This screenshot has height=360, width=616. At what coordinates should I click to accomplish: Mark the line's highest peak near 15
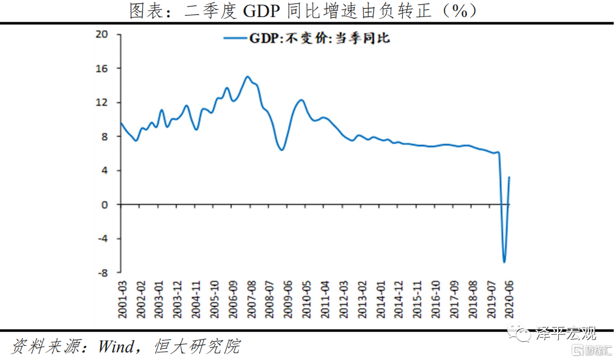point(248,77)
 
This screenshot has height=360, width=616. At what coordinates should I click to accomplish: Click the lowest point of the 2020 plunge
point(504,262)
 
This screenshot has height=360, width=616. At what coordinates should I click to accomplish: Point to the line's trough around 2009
point(282,150)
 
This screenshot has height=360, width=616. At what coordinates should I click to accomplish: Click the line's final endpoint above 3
point(509,177)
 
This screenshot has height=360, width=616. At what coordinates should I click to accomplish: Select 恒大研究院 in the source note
point(197,346)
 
